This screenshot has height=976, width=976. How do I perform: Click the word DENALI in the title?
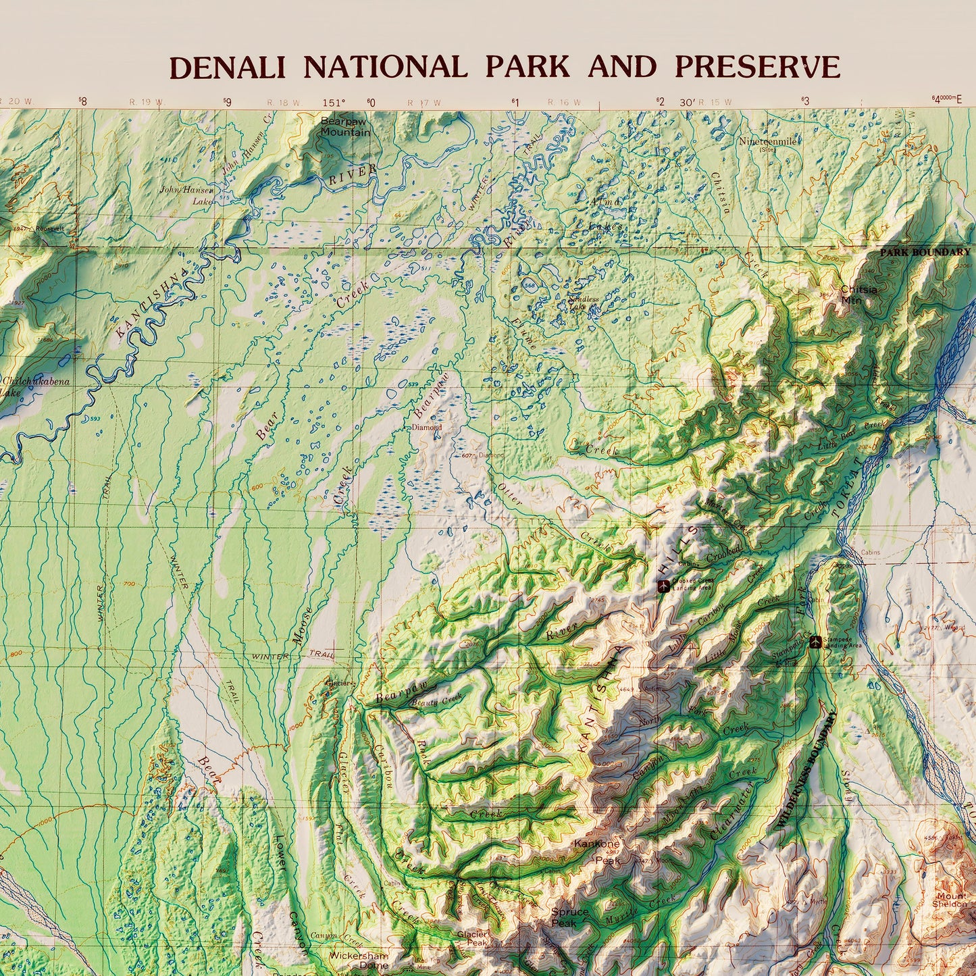227,68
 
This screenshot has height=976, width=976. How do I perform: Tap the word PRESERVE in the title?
757,68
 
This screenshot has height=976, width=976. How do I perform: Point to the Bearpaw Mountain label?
345,127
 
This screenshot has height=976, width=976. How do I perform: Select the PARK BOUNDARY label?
924,253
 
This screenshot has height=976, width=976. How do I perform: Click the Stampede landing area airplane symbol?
815,641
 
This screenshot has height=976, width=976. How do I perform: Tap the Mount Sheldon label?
950,900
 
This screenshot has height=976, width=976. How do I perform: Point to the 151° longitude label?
334,103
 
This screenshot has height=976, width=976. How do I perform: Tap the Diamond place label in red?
427,427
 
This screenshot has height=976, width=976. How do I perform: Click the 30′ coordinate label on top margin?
687,102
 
